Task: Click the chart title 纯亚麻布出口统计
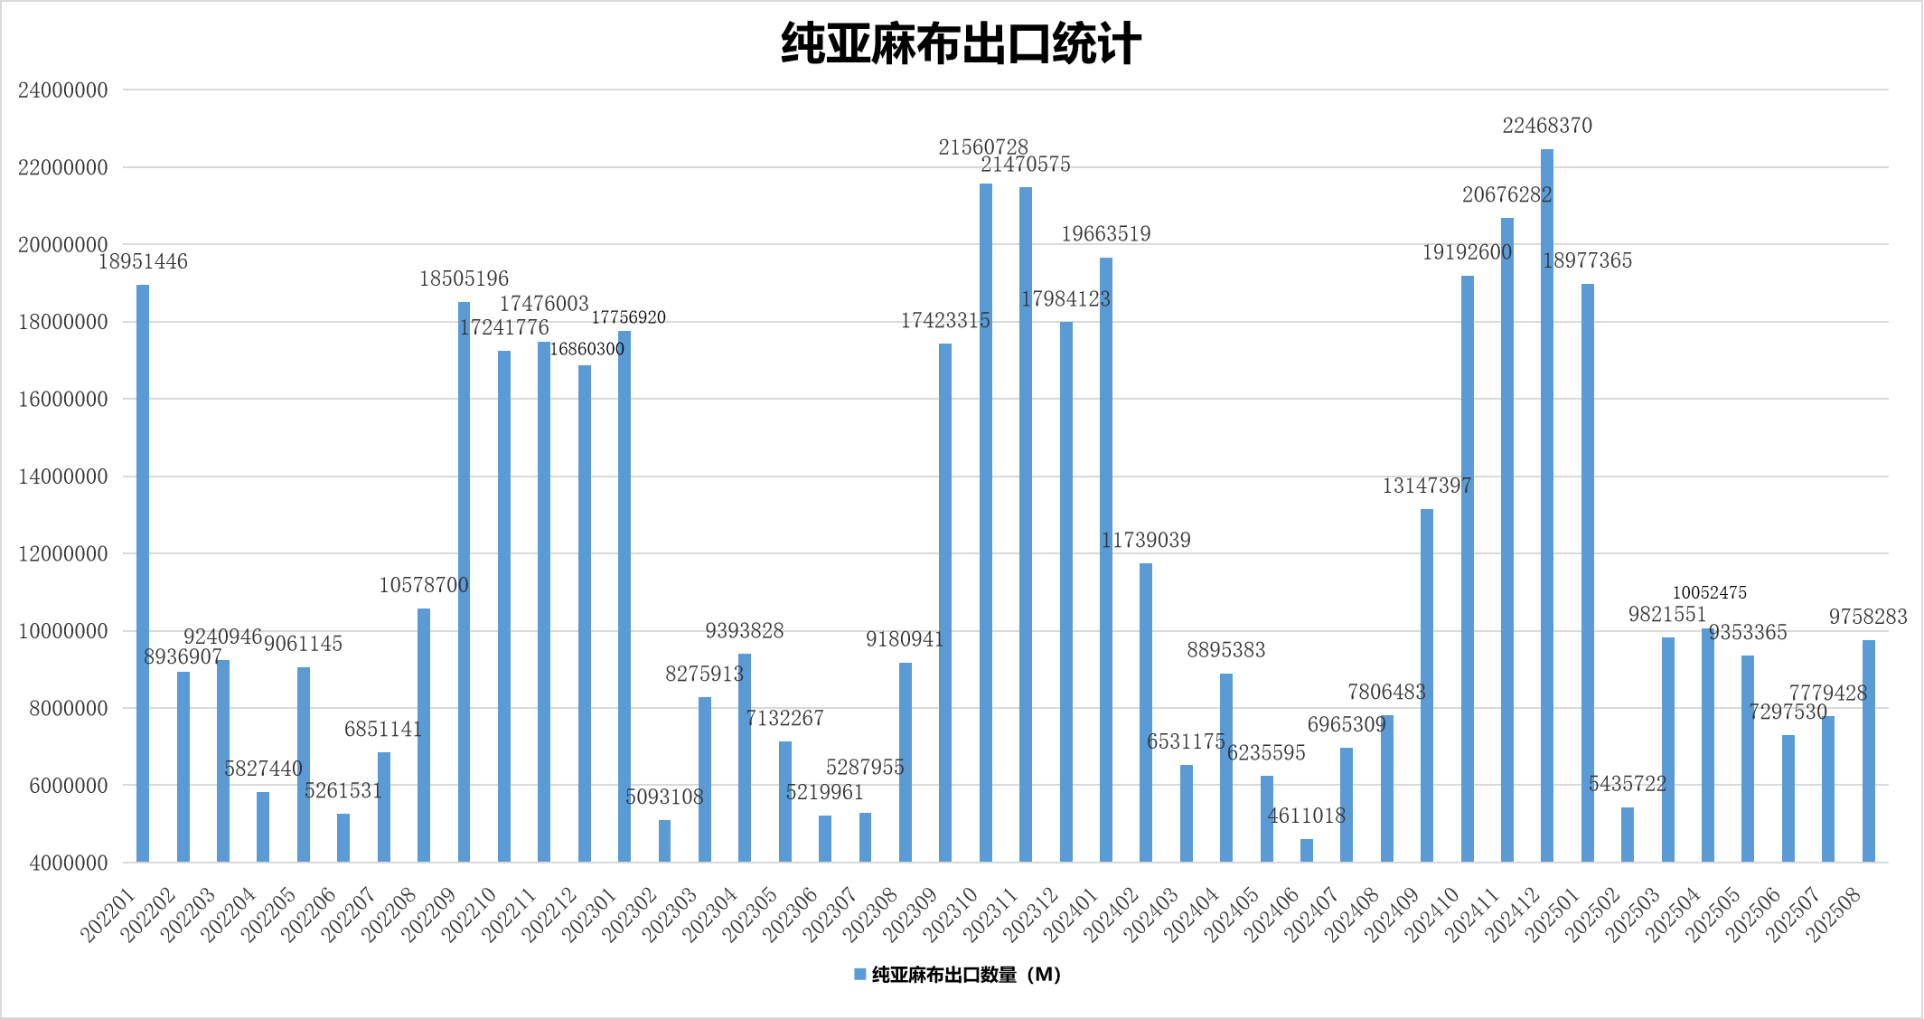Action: coord(961,44)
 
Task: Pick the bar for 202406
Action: coord(1307,850)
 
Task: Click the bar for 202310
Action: coord(986,522)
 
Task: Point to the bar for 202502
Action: coord(1628,834)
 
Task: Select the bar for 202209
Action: coord(464,581)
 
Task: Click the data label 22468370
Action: coord(1547,126)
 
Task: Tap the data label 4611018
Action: coord(1307,816)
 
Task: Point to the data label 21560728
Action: coord(983,146)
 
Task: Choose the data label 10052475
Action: coord(1709,593)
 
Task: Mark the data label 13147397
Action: coord(1427,486)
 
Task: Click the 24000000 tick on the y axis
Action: coord(63,90)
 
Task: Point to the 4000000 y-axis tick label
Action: coord(69,863)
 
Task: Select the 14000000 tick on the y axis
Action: coord(63,476)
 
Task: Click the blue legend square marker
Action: coord(860,975)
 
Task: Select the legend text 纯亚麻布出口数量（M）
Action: coord(966,975)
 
